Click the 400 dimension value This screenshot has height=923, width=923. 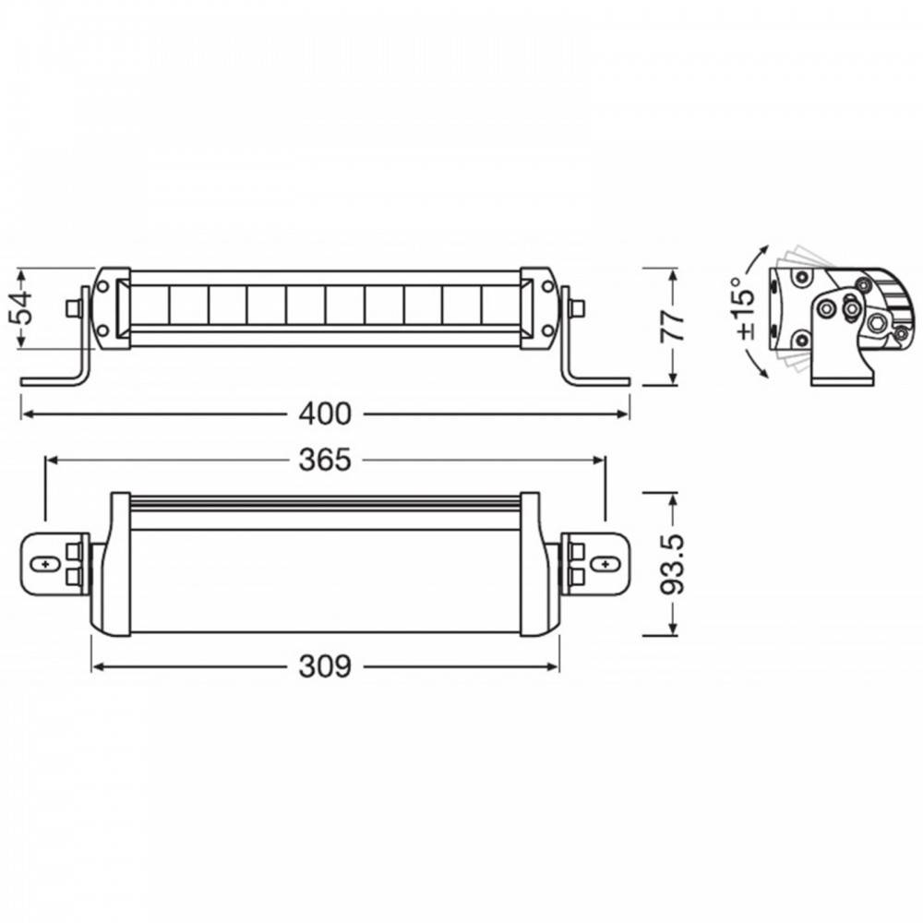pos(324,414)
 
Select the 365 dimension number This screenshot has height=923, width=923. pos(324,460)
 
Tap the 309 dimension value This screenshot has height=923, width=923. pos(324,666)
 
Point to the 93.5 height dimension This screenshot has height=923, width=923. pos(672,564)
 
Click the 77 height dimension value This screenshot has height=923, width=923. pos(672,326)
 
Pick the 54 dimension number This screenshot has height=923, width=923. pos(22,308)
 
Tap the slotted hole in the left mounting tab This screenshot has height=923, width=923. pos(44,563)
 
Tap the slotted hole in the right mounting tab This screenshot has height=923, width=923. pos(605,563)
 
